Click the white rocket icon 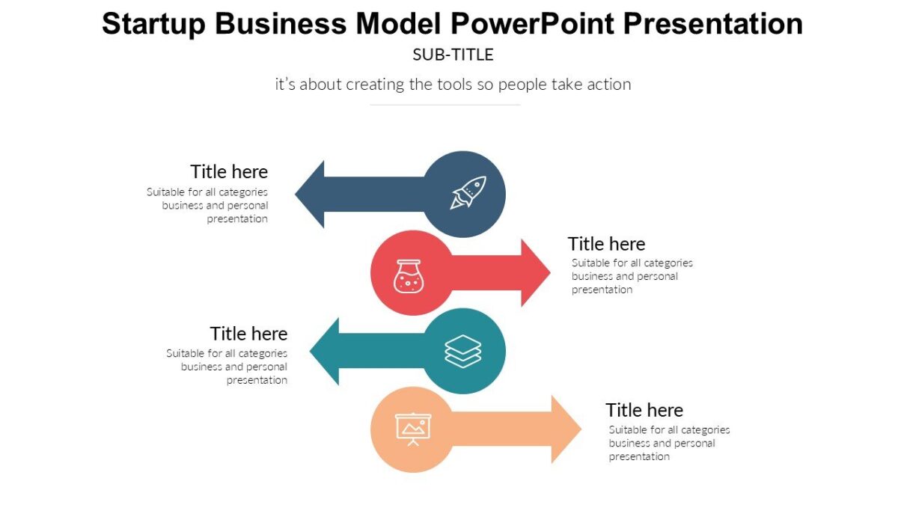point(468,193)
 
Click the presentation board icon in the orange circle point(413,429)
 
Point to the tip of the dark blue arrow point(297,195)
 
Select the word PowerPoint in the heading point(533,24)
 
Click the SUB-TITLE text point(453,55)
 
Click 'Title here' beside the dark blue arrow point(229,171)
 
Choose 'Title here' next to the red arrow point(606,244)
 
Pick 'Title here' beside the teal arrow point(248,333)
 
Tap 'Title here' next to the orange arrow point(644,410)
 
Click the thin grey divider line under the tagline point(445,105)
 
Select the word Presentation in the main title point(713,24)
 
